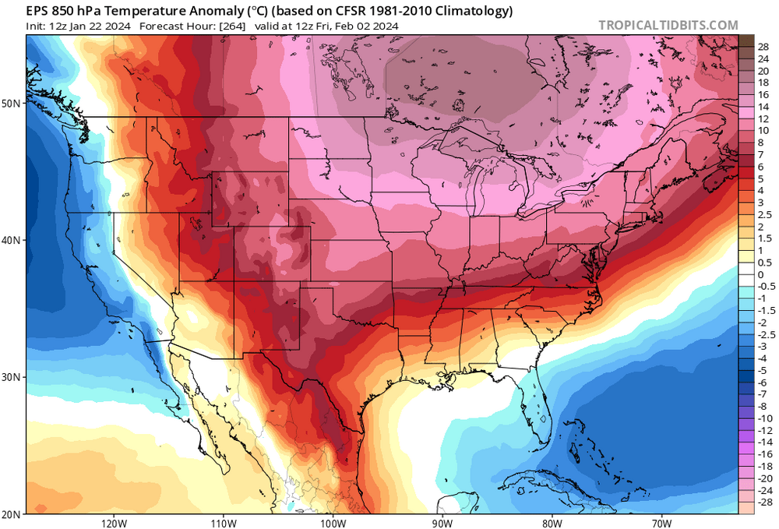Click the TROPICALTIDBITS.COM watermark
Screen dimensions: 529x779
pyautogui.click(x=668, y=25)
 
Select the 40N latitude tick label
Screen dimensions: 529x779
pyautogui.click(x=12, y=240)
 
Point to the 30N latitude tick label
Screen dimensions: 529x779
pyautogui.click(x=12, y=377)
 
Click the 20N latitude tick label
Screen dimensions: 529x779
pyautogui.click(x=12, y=513)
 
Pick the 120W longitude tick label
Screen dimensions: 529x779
pyautogui.click(x=114, y=521)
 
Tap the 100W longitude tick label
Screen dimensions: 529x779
pyautogui.click(x=333, y=521)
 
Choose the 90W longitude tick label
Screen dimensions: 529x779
pyautogui.click(x=442, y=521)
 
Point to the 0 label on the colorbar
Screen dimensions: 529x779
pyautogui.click(x=761, y=275)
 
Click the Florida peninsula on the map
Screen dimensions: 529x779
pyautogui.click(x=541, y=409)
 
